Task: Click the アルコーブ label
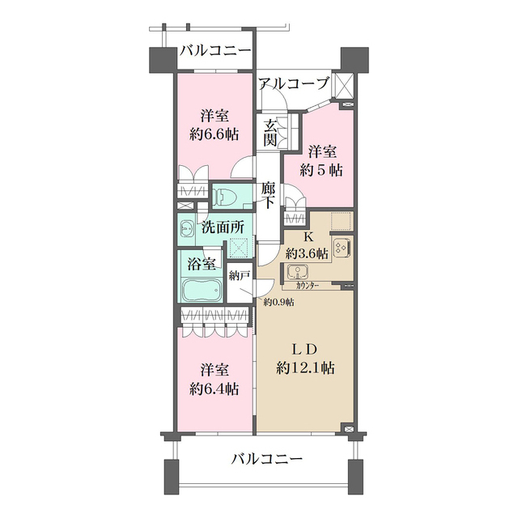[293, 83]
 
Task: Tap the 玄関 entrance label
[270, 133]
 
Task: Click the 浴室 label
[202, 263]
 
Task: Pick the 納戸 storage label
[239, 275]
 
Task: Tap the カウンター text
[306, 286]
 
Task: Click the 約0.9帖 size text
[278, 302]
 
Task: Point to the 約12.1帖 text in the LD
[305, 367]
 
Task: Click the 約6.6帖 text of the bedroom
[213, 134]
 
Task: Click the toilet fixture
[226, 195]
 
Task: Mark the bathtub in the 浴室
[202, 290]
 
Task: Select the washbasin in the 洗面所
[187, 227]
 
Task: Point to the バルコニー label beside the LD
[265, 459]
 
